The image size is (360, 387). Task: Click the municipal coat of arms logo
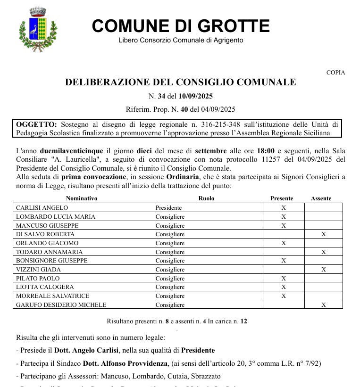(x=38, y=30)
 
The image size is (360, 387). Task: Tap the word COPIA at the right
(x=335, y=73)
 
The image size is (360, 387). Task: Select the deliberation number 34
(x=161, y=97)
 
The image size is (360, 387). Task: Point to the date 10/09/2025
(x=196, y=97)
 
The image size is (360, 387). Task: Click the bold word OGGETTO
(x=36, y=124)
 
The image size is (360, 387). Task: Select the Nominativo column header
(x=82, y=198)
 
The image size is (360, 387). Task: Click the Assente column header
(x=321, y=198)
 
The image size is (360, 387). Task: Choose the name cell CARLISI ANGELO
(x=42, y=207)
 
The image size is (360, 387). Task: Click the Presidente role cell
(x=169, y=207)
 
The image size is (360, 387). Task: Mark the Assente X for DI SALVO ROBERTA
(x=323, y=234)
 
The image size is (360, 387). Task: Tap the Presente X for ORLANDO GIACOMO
(x=284, y=243)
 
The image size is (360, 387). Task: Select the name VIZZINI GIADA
(x=38, y=270)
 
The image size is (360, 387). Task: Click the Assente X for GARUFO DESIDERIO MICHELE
(x=323, y=305)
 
